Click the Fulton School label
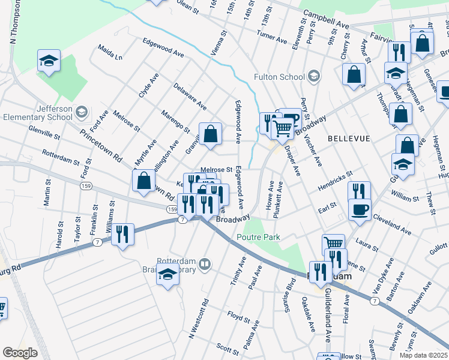point(279,77)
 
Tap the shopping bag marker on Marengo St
point(211,134)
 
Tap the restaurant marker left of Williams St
point(123,233)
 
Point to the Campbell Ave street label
point(326,20)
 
